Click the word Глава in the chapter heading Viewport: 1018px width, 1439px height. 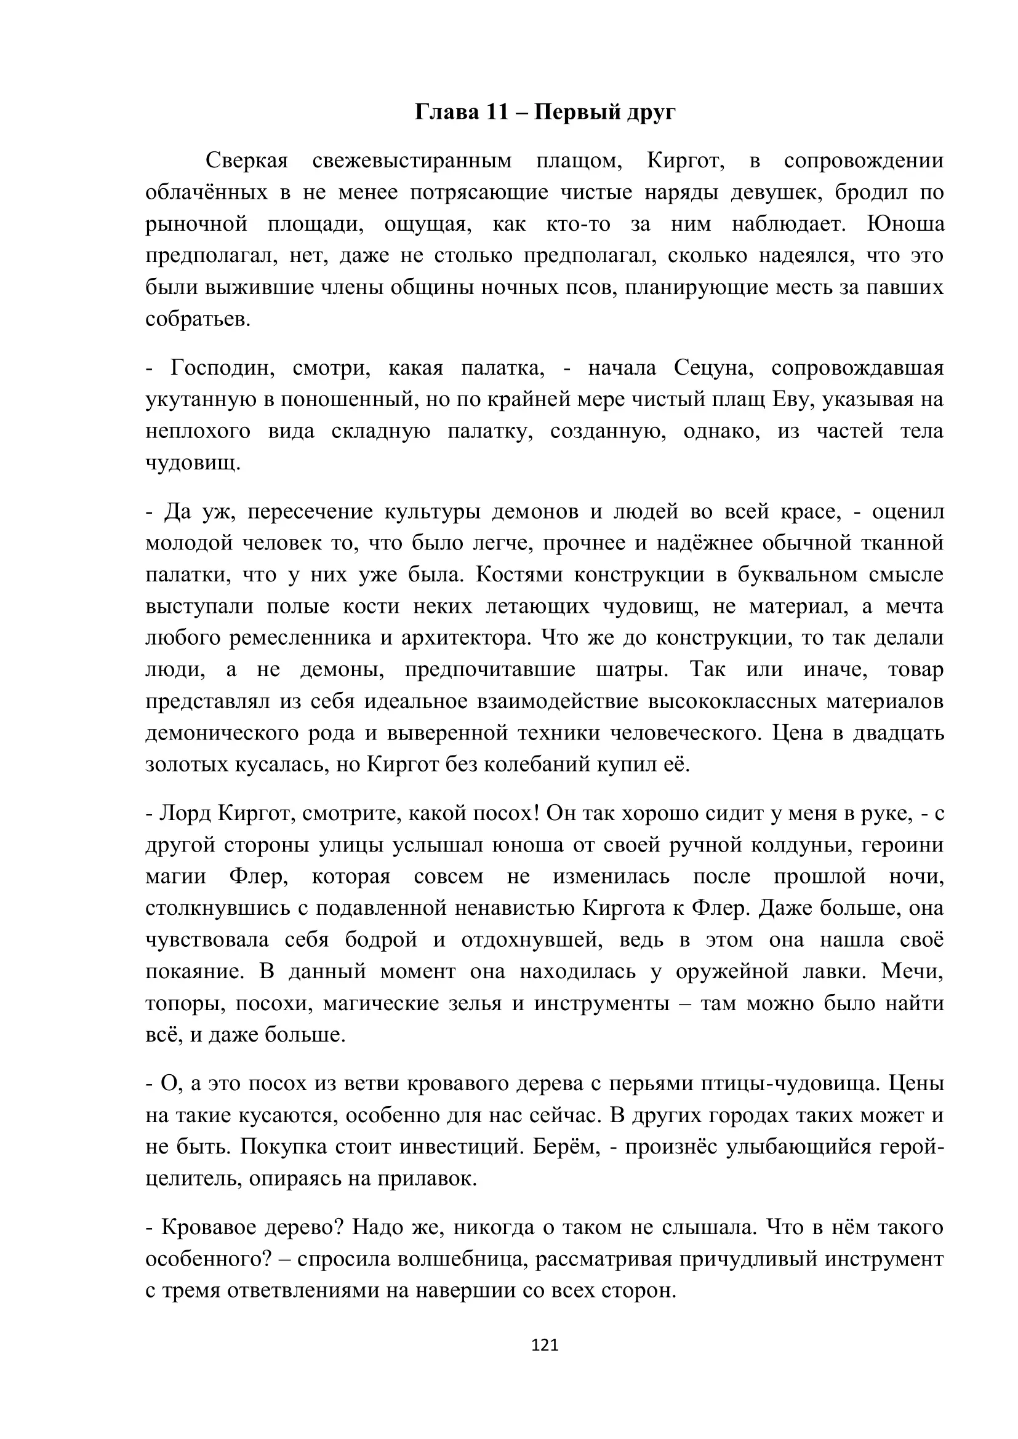(x=445, y=112)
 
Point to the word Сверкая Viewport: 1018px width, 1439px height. (x=246, y=161)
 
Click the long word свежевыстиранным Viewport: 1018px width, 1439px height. (x=412, y=161)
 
